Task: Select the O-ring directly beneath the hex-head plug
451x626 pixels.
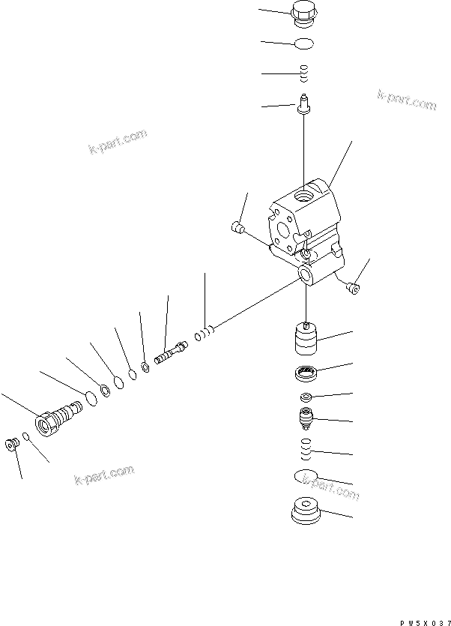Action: tap(303, 43)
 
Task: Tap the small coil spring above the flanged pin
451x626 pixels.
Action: tap(303, 73)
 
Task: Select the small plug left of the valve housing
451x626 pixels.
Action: tap(238, 228)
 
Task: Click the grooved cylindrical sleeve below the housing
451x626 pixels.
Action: tap(307, 338)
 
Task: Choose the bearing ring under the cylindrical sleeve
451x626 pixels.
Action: tap(307, 370)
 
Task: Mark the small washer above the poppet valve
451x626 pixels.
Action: tap(306, 396)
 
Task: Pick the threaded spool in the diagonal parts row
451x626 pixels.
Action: tap(171, 352)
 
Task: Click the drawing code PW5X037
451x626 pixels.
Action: tap(424, 620)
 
